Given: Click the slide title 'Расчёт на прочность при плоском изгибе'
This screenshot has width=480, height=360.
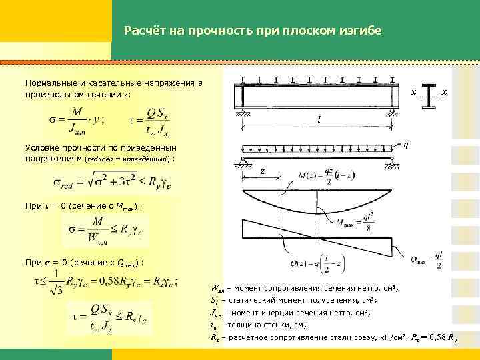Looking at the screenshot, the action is pyautogui.click(x=253, y=31).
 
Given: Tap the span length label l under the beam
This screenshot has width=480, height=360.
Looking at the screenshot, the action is pyautogui.click(x=319, y=121).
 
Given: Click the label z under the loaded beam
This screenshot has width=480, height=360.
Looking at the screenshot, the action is pyautogui.click(x=263, y=171).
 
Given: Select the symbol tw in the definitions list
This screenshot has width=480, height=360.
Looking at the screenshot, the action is pyautogui.click(x=214, y=326).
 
